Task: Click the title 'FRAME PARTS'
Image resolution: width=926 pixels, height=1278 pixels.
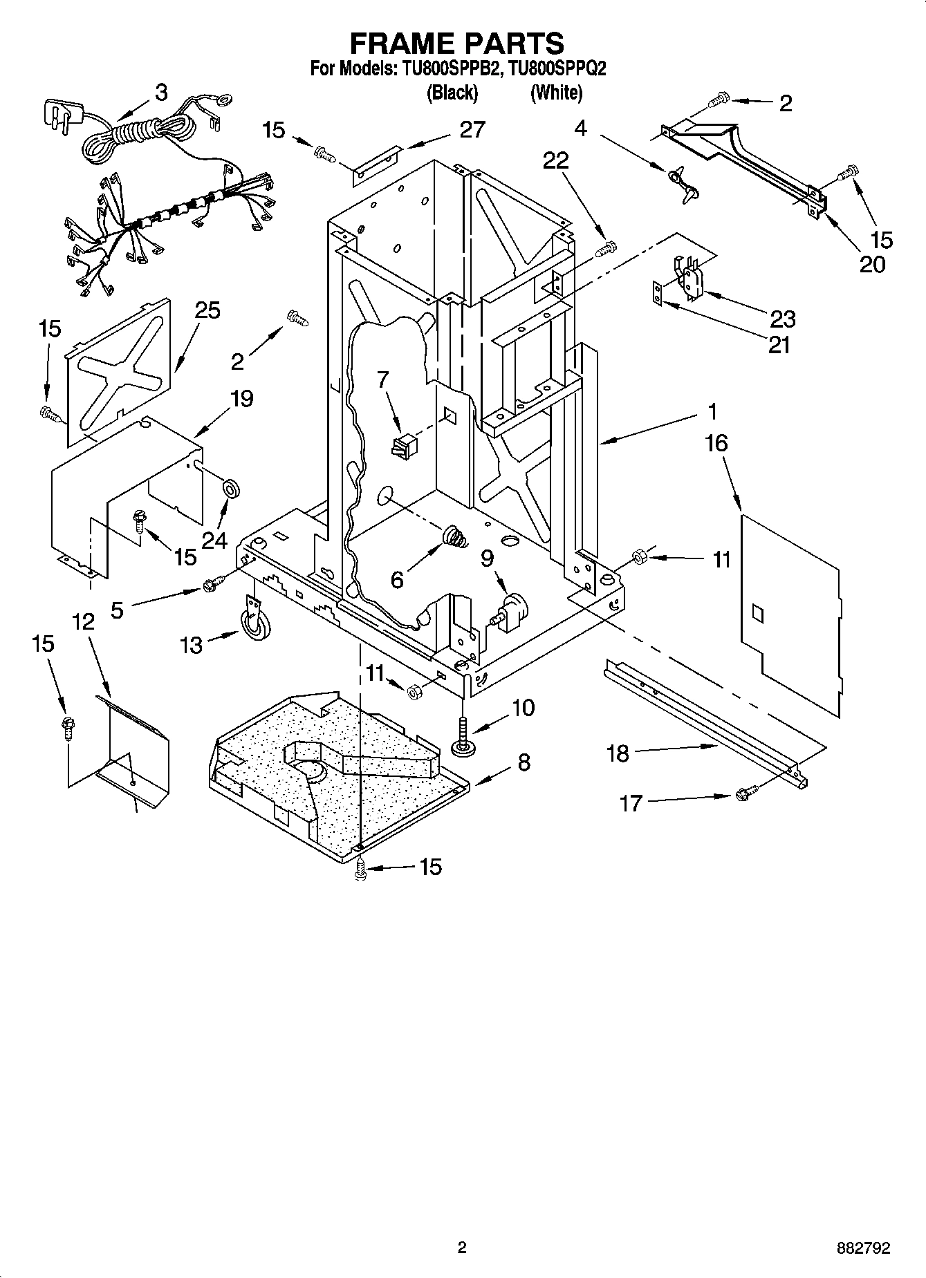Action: click(x=457, y=43)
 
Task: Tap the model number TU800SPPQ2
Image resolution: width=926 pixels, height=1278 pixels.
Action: click(x=557, y=69)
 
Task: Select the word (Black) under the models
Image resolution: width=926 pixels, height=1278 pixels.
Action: click(x=453, y=93)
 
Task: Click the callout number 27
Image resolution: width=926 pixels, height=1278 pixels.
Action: click(x=472, y=129)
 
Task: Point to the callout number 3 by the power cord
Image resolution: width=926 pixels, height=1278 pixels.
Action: click(x=160, y=93)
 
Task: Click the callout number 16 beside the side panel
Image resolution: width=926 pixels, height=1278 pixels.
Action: click(x=717, y=443)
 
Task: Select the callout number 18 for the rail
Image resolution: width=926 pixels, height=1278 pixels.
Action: click(x=618, y=753)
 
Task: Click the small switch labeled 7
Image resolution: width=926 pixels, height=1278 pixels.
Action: click(x=402, y=446)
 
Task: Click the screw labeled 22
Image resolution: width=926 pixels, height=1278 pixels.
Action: click(x=606, y=248)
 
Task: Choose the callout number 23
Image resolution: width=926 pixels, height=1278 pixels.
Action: click(x=782, y=319)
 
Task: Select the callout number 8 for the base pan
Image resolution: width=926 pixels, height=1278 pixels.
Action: click(x=524, y=762)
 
